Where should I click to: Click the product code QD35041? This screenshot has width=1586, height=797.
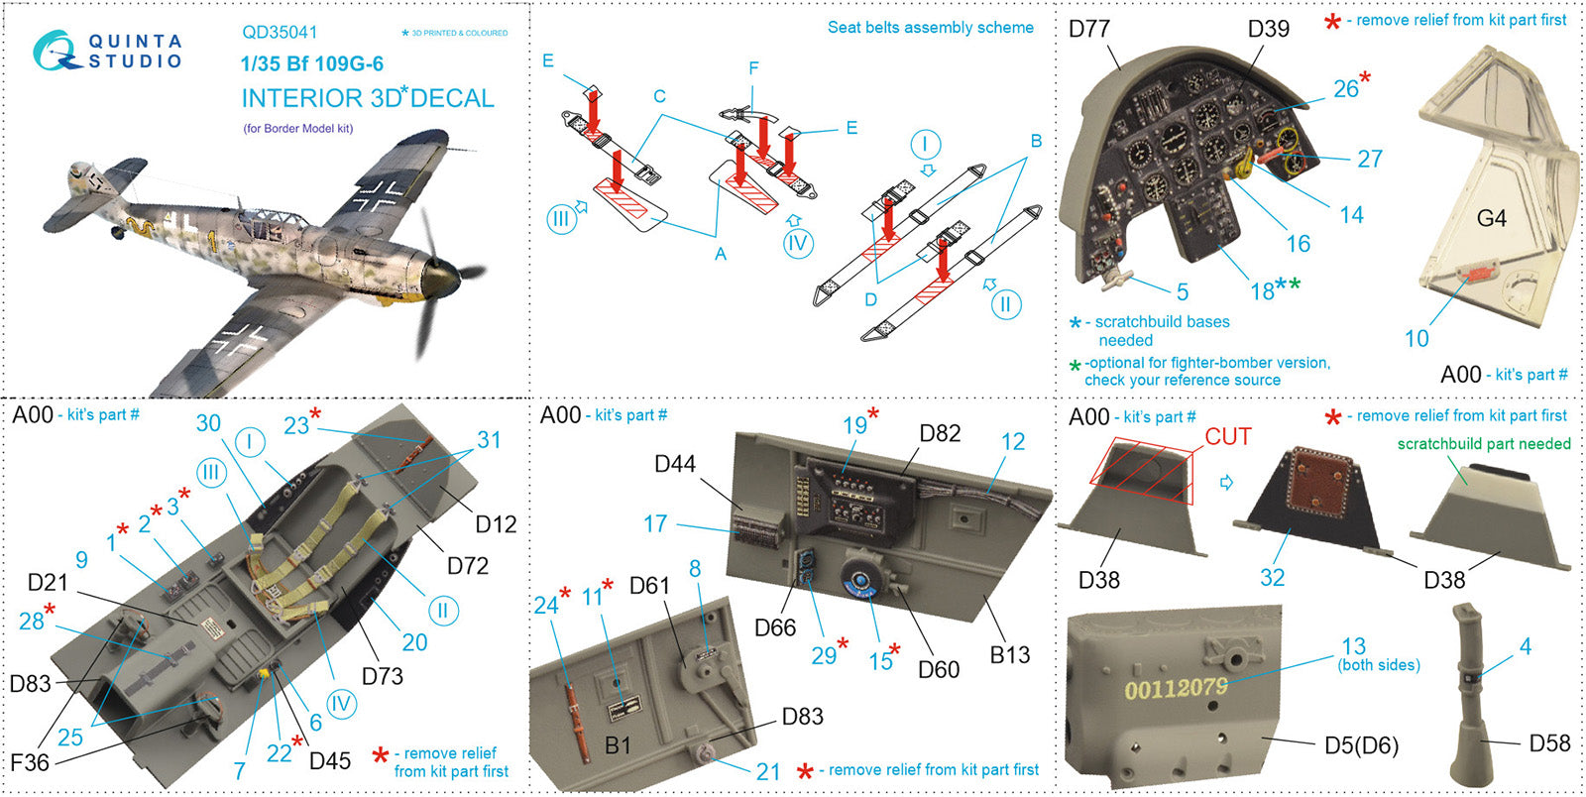tap(280, 33)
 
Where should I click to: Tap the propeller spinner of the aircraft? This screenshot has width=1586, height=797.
tap(437, 274)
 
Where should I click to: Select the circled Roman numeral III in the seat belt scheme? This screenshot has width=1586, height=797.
tap(561, 218)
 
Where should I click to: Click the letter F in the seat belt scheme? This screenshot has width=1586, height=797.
tap(753, 68)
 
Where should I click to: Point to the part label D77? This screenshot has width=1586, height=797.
tap(1088, 29)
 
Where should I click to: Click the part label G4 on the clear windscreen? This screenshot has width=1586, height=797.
tap(1491, 218)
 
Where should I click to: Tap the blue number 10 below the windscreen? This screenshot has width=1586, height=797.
tap(1416, 338)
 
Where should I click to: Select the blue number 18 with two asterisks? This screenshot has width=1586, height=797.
tap(1263, 290)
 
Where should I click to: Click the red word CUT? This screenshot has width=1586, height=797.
tap(1227, 437)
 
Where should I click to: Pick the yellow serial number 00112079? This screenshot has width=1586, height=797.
tap(1176, 687)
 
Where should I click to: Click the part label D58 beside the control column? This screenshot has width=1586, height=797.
tap(1549, 743)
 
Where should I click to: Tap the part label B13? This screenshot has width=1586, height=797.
tap(1009, 654)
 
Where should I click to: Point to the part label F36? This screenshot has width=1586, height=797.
tap(29, 761)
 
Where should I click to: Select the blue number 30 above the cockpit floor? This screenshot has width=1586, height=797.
tap(208, 423)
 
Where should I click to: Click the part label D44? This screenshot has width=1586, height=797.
tap(675, 464)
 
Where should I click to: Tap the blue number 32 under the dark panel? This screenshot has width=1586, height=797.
tap(1272, 577)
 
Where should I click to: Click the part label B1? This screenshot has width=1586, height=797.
tap(618, 744)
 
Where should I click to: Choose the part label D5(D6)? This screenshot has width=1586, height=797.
tap(1361, 745)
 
